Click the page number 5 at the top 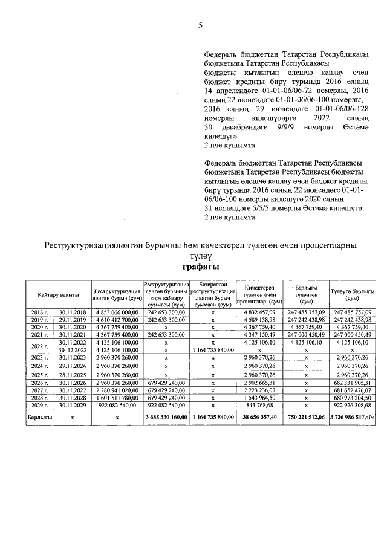[x=200, y=25]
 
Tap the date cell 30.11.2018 [x=72, y=311]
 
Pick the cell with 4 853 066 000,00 [x=117, y=311]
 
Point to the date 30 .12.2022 [x=72, y=350]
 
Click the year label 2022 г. [x=39, y=346]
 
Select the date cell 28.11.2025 [x=72, y=375]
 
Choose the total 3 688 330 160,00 [x=166, y=417]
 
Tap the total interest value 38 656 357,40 [x=259, y=417]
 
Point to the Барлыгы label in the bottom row [x=39, y=417]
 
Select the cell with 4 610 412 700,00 [x=117, y=319]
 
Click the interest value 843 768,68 [x=259, y=406]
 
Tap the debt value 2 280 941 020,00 [x=117, y=390]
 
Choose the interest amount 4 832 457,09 [x=259, y=311]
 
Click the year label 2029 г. [x=39, y=406]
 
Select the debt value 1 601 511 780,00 [x=117, y=398]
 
